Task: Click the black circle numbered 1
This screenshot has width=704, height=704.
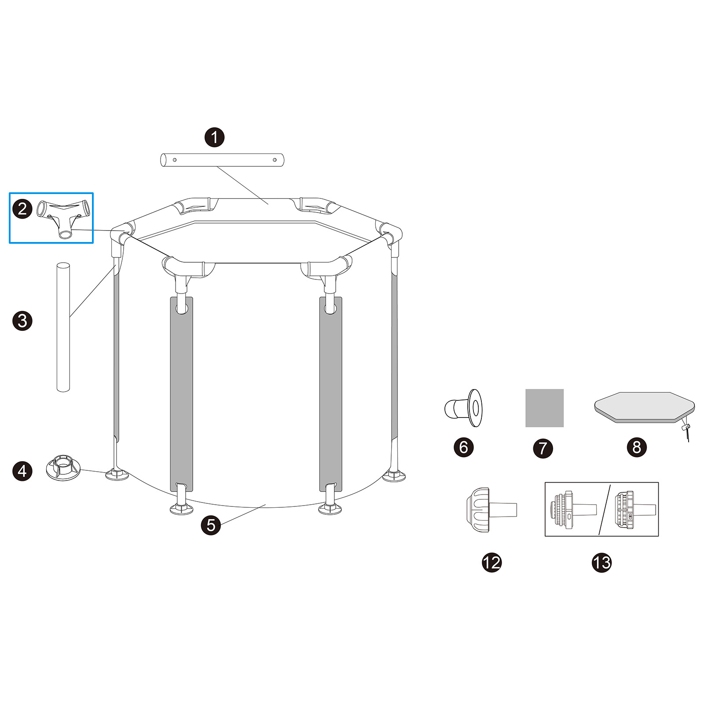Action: [x=215, y=137]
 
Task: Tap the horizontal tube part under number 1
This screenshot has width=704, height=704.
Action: [x=222, y=160]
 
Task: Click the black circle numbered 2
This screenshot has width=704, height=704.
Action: [x=22, y=209]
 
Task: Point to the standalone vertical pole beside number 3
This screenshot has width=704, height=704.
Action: [x=63, y=327]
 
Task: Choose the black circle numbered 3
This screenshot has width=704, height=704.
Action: [x=22, y=321]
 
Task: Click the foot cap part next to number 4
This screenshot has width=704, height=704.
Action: [x=63, y=468]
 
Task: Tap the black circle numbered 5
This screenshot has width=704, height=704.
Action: [x=211, y=525]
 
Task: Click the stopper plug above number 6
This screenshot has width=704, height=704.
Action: [x=463, y=408]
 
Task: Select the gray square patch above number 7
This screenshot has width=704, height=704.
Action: [x=544, y=408]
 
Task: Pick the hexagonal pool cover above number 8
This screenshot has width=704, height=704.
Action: [x=643, y=407]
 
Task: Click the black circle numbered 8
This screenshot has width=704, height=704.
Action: [x=637, y=447]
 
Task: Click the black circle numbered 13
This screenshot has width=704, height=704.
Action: [x=601, y=562]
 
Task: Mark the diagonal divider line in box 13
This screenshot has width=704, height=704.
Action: [x=605, y=510]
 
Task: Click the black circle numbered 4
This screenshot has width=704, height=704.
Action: [x=22, y=471]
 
